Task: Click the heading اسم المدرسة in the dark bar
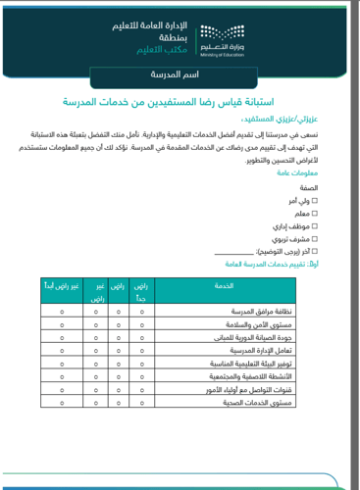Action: tap(180, 74)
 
